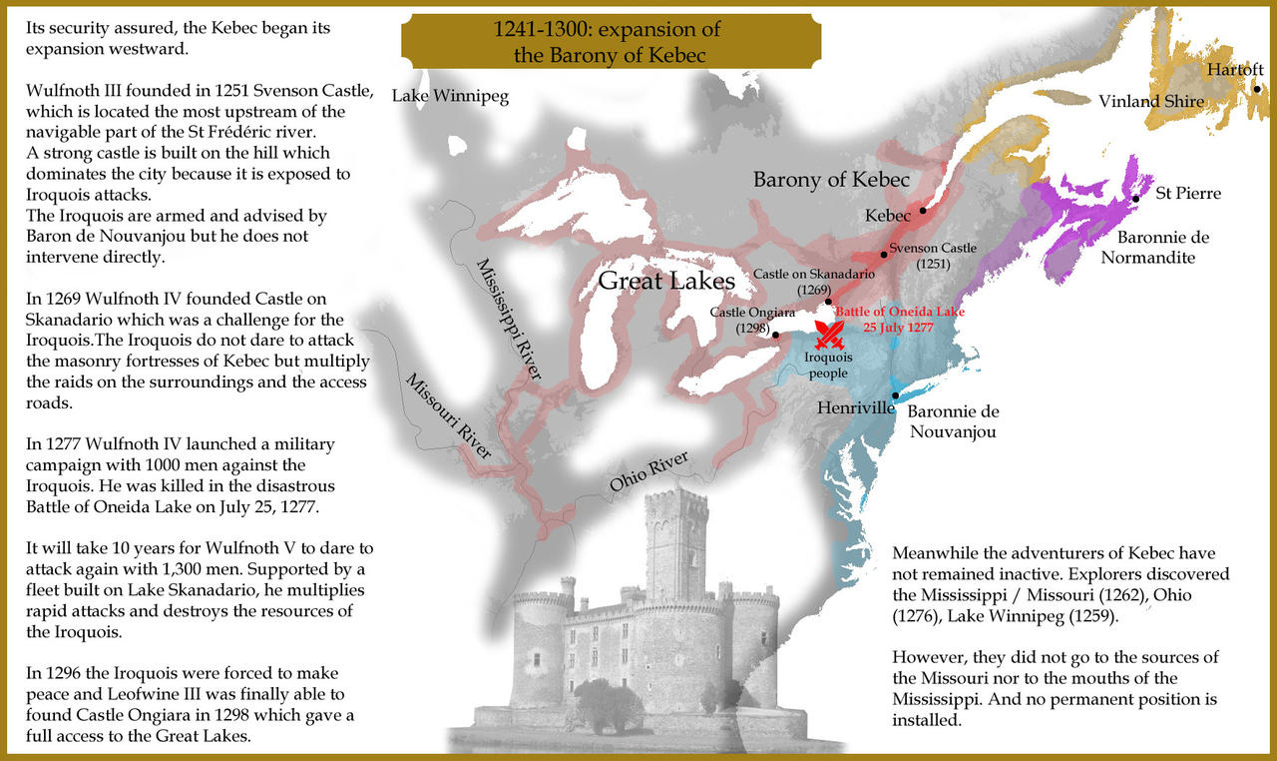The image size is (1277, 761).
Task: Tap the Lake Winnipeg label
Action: pyautogui.click(x=450, y=97)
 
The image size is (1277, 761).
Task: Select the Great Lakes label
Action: pyautogui.click(x=666, y=281)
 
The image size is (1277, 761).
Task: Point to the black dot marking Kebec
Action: pyautogui.click(x=923, y=210)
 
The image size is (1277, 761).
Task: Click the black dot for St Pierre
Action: pyautogui.click(x=1136, y=199)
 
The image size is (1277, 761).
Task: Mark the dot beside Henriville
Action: pyautogui.click(x=896, y=396)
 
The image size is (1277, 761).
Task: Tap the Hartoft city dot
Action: pyautogui.click(x=1258, y=89)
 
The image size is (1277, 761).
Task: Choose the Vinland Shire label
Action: pyautogui.click(x=1150, y=101)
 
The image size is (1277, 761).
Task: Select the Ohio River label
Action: pyautogui.click(x=649, y=473)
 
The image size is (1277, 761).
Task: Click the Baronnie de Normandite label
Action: pyautogui.click(x=1149, y=247)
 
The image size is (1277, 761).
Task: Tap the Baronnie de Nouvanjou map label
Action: pyautogui.click(x=953, y=421)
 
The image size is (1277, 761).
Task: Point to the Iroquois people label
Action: pyautogui.click(x=828, y=366)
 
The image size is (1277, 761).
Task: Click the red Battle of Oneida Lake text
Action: pyautogui.click(x=900, y=319)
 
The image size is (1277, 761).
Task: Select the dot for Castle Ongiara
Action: pyautogui.click(x=775, y=334)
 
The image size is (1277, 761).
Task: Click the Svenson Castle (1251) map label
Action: pyautogui.click(x=933, y=256)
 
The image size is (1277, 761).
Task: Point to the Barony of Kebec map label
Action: pyautogui.click(x=831, y=180)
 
